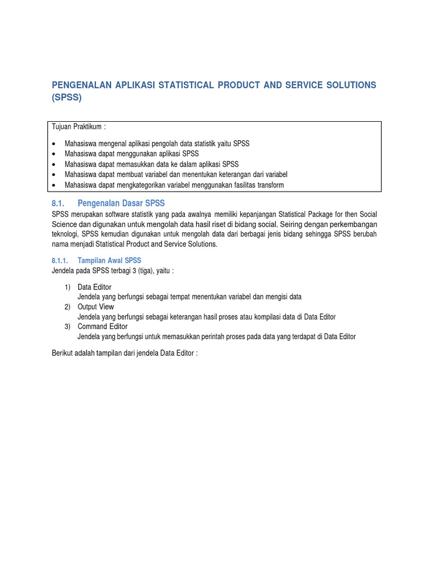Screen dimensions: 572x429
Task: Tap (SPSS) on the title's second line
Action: [x=66, y=97]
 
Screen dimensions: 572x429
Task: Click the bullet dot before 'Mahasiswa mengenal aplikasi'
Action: [x=54, y=144]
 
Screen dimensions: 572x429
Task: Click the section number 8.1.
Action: [x=59, y=203]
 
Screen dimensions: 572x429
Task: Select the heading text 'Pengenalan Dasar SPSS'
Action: [x=121, y=203]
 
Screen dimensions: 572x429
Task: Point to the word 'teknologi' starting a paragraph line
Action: [x=65, y=234]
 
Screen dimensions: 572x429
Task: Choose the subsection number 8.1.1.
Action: [x=59, y=261]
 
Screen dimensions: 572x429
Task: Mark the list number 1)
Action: [x=67, y=287]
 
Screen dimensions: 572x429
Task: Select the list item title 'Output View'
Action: [x=96, y=307]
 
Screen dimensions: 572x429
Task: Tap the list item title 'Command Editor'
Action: [x=102, y=326]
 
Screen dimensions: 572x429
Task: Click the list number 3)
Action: [x=67, y=326]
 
